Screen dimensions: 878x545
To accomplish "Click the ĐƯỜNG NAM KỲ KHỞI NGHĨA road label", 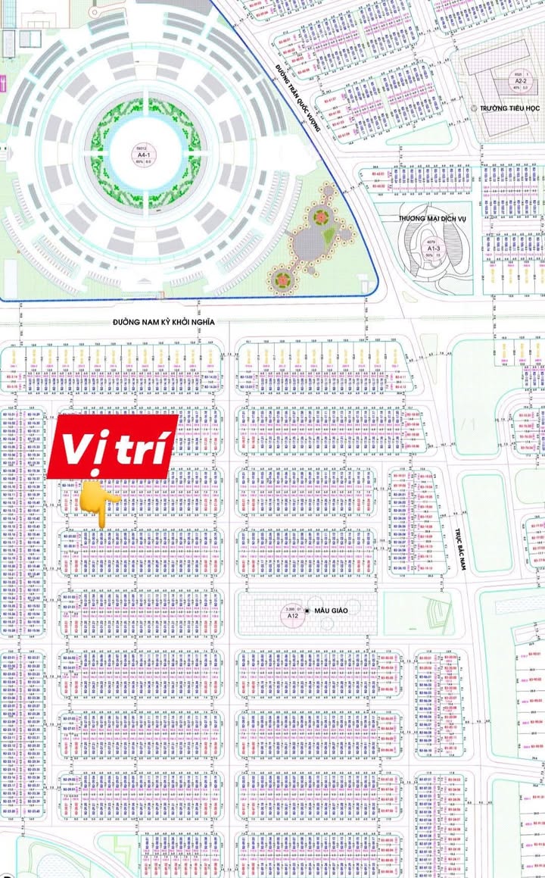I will tap(164, 322).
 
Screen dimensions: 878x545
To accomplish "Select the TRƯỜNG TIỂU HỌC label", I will tap(512, 108).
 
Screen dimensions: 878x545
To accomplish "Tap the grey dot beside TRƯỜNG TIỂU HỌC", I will tap(474, 108).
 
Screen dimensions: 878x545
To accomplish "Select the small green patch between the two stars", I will tap(327, 236).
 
